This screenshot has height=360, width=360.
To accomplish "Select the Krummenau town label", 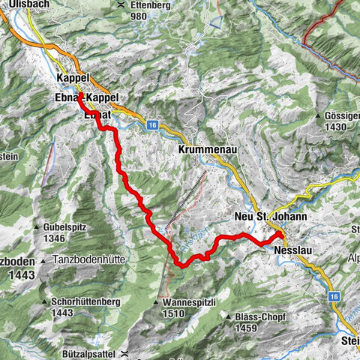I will [208, 150].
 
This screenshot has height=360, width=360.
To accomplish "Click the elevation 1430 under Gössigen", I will [337, 127].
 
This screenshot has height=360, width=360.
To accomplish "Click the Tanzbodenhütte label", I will [88, 259].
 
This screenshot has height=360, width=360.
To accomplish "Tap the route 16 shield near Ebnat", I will [152, 125].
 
